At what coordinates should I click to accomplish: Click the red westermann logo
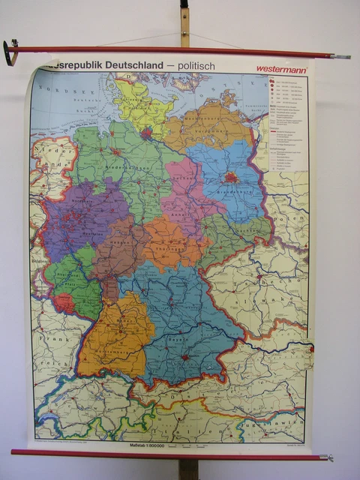(x=281, y=68)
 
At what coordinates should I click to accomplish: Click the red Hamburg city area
(x=146, y=134)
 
